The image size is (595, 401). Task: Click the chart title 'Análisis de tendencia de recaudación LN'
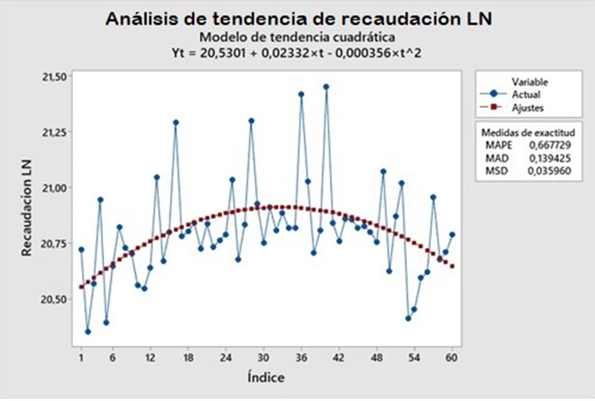(298, 19)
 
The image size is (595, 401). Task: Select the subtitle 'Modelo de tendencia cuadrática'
(297, 37)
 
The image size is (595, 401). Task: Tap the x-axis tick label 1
(81, 358)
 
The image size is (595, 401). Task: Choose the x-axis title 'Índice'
(266, 378)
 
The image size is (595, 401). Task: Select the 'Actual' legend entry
(526, 95)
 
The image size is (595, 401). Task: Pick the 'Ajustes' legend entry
(528, 108)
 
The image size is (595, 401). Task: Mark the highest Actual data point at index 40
(326, 87)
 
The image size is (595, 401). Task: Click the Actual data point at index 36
(301, 95)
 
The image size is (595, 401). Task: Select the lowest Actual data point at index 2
(87, 331)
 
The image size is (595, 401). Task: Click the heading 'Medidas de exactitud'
(528, 132)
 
